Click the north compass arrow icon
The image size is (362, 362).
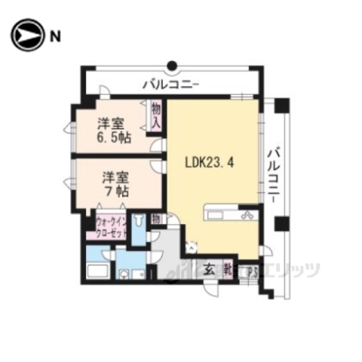pos(26,35)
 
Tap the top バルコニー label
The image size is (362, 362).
pos(170,83)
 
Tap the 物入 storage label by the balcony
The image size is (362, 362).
pos(156,115)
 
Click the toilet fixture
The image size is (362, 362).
pos(140,225)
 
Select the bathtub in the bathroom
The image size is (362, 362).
pos(98,272)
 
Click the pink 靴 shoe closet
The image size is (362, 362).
pos(226,267)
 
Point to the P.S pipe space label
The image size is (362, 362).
pos(253,271)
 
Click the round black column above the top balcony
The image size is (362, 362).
pos(172,64)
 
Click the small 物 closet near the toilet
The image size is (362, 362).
pos(155,219)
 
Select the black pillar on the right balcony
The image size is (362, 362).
pos(281,224)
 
